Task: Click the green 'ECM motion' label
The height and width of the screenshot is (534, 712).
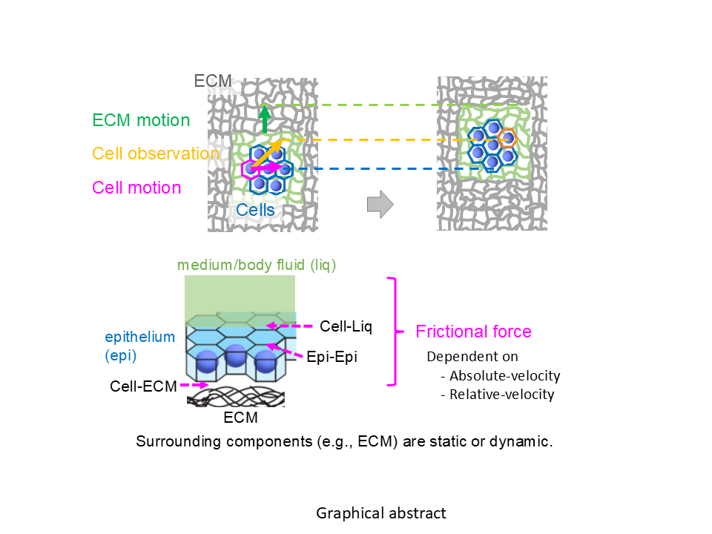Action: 141,120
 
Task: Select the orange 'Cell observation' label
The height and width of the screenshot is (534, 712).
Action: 156,154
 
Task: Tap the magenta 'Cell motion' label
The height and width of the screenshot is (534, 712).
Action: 136,188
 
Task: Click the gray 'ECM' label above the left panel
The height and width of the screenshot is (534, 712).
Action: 213,80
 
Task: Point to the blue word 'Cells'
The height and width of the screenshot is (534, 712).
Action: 255,211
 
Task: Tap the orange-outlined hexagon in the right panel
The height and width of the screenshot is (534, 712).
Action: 507,137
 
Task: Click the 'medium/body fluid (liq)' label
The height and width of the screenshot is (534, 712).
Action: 257,265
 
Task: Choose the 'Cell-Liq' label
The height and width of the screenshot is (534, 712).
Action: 345,326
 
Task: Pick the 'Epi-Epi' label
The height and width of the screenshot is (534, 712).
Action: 337,357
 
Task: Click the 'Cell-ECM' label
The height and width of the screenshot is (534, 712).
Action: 143,386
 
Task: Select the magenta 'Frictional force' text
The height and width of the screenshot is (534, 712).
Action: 473,332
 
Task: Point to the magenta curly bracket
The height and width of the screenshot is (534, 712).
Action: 393,332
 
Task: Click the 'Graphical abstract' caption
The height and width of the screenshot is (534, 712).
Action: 381,513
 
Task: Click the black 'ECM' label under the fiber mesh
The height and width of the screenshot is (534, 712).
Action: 241,418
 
